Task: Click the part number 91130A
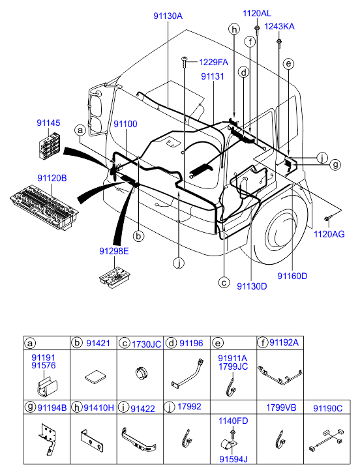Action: pyautogui.click(x=168, y=16)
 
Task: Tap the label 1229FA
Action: pyautogui.click(x=213, y=63)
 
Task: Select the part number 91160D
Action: pyautogui.click(x=292, y=276)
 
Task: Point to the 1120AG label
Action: pyautogui.click(x=329, y=234)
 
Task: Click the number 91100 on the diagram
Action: pyautogui.click(x=125, y=124)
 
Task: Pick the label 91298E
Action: pyautogui.click(x=114, y=251)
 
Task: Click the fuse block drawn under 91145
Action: pyautogui.click(x=50, y=146)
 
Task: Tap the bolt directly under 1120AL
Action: pyautogui.click(x=257, y=30)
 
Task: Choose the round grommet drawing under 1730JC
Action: pyautogui.click(x=140, y=372)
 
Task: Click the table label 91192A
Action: pyautogui.click(x=284, y=342)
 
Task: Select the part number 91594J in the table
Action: pyautogui.click(x=233, y=459)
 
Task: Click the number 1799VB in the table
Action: pyautogui.click(x=281, y=407)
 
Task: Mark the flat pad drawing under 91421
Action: pyautogui.click(x=95, y=378)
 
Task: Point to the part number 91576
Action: pyautogui.click(x=44, y=366)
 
